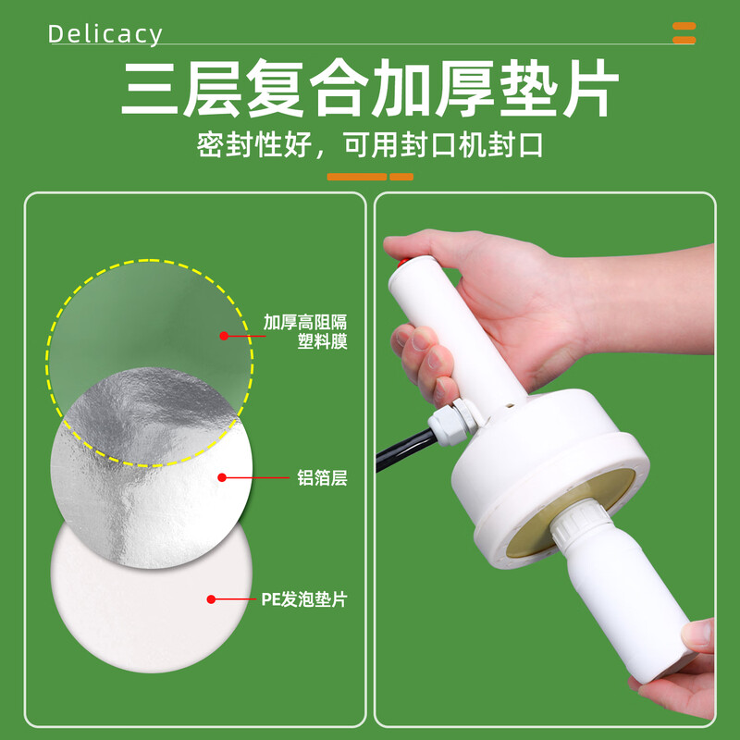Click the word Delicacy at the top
(x=105, y=35)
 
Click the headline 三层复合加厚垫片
(x=369, y=89)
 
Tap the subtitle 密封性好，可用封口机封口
(x=369, y=146)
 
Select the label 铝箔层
(x=322, y=479)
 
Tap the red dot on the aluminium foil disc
(x=222, y=478)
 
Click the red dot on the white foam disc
(x=211, y=599)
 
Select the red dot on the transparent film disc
(x=224, y=335)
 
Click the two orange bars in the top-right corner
(x=684, y=32)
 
